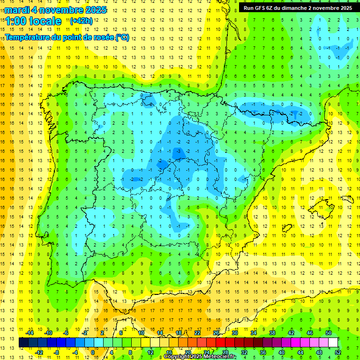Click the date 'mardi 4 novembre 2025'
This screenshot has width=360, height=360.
[55, 10]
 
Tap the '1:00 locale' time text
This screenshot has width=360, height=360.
[33, 21]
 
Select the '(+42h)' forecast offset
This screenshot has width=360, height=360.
[81, 21]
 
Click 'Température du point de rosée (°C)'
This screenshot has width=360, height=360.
[67, 37]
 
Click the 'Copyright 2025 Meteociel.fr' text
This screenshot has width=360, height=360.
[200, 357]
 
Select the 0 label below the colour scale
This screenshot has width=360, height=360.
[93, 352]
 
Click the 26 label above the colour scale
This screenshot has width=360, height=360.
[216, 333]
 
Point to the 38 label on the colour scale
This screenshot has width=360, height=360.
[272, 333]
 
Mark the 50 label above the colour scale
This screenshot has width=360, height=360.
[329, 333]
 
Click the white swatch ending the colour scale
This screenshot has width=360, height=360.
[333, 342]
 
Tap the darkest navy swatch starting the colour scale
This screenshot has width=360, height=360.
[23, 342]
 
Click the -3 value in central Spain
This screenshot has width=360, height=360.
[179, 151]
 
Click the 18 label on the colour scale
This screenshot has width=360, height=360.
[179, 333]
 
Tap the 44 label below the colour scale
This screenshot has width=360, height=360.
[300, 352]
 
